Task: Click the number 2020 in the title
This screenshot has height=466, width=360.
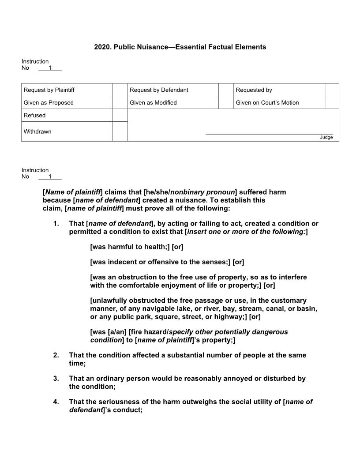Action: [x=102, y=47]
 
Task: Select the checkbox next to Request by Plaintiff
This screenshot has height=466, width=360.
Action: [x=120, y=90]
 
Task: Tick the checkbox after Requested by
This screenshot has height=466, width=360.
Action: [x=332, y=90]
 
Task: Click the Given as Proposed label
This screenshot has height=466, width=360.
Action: [x=49, y=103]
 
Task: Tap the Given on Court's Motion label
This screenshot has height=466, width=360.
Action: [x=267, y=103]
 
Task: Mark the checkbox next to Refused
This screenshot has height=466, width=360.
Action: [x=120, y=115]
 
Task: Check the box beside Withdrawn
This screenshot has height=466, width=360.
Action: [x=120, y=132]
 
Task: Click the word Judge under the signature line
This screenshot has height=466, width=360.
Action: [x=326, y=137]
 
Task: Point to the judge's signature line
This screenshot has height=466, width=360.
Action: [x=269, y=133]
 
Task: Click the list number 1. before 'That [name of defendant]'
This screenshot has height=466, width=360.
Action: [x=56, y=224]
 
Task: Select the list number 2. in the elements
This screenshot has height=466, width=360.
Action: [x=56, y=355]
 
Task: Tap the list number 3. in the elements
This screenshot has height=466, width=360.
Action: [x=56, y=379]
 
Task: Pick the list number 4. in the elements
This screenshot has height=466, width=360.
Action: [x=56, y=402]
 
